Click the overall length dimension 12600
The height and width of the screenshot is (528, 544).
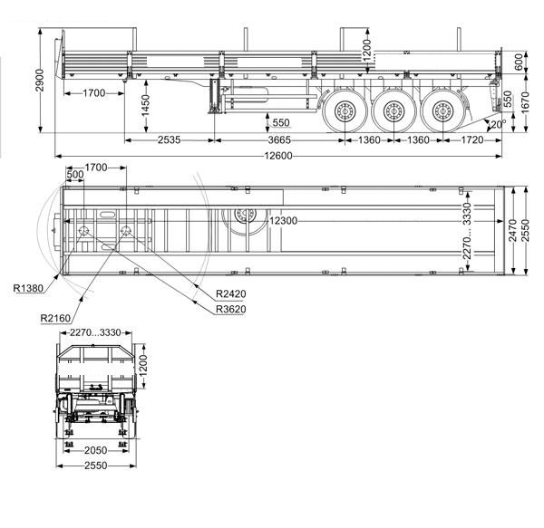coord(278,156)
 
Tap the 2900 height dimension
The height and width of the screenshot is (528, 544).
coord(40,81)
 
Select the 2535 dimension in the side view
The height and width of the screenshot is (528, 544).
coord(169,140)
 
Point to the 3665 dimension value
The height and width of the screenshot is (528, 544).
coord(279,140)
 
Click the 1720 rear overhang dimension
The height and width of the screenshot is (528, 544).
coord(472,140)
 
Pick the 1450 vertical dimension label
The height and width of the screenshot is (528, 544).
coord(145,105)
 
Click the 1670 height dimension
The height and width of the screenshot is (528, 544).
coord(525,102)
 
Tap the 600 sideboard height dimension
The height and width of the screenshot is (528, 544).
coord(519,62)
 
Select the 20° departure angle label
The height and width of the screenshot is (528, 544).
coord(497,124)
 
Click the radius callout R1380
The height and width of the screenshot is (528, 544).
coord(28,288)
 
